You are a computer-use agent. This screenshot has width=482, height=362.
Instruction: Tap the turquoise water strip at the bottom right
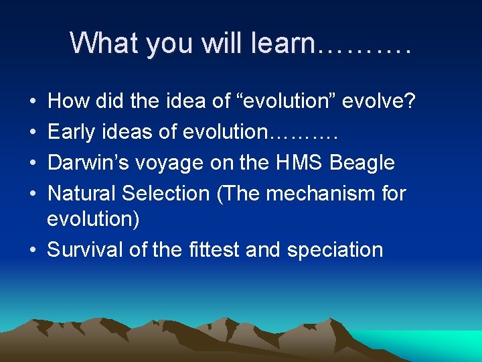coord(442,345)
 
